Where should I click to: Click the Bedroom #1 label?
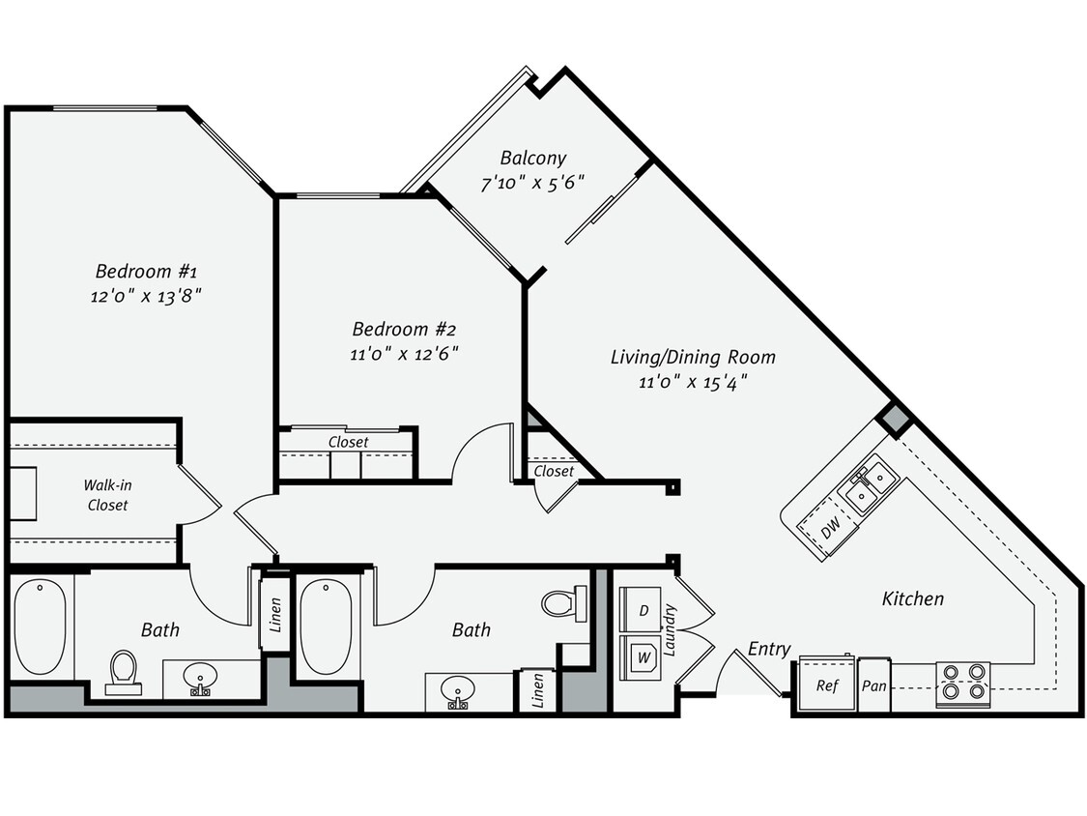pos(146,271)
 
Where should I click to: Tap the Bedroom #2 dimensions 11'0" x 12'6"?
pos(403,354)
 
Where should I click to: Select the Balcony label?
pos(532,158)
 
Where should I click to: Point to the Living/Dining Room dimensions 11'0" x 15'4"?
pos(692,382)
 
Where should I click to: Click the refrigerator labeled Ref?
pos(826,685)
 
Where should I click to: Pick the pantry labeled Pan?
pos(874,686)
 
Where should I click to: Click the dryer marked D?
pos(643,611)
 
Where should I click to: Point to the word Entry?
pos(769,649)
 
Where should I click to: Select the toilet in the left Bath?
pos(123,671)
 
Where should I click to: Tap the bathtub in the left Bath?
pos(41,627)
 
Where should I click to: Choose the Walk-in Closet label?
pos(107,495)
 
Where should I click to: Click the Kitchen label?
pos(912,598)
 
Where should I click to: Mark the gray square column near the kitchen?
pos(895,420)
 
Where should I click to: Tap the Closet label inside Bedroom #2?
pos(348,442)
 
